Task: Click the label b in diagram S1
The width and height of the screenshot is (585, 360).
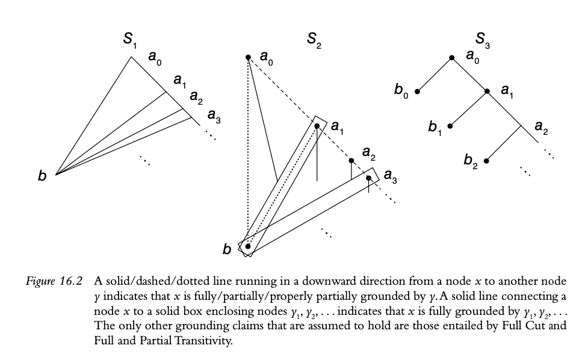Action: click(42, 176)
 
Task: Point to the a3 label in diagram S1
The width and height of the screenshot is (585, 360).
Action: click(214, 116)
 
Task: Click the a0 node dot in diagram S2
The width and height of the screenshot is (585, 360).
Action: click(248, 58)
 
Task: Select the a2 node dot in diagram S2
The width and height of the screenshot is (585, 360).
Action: click(351, 161)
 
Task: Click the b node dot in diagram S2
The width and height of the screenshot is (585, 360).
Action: click(248, 246)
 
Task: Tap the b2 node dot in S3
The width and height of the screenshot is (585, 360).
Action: click(486, 161)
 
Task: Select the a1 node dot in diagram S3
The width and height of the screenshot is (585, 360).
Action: click(487, 92)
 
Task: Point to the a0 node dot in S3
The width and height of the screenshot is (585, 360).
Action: click(452, 58)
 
